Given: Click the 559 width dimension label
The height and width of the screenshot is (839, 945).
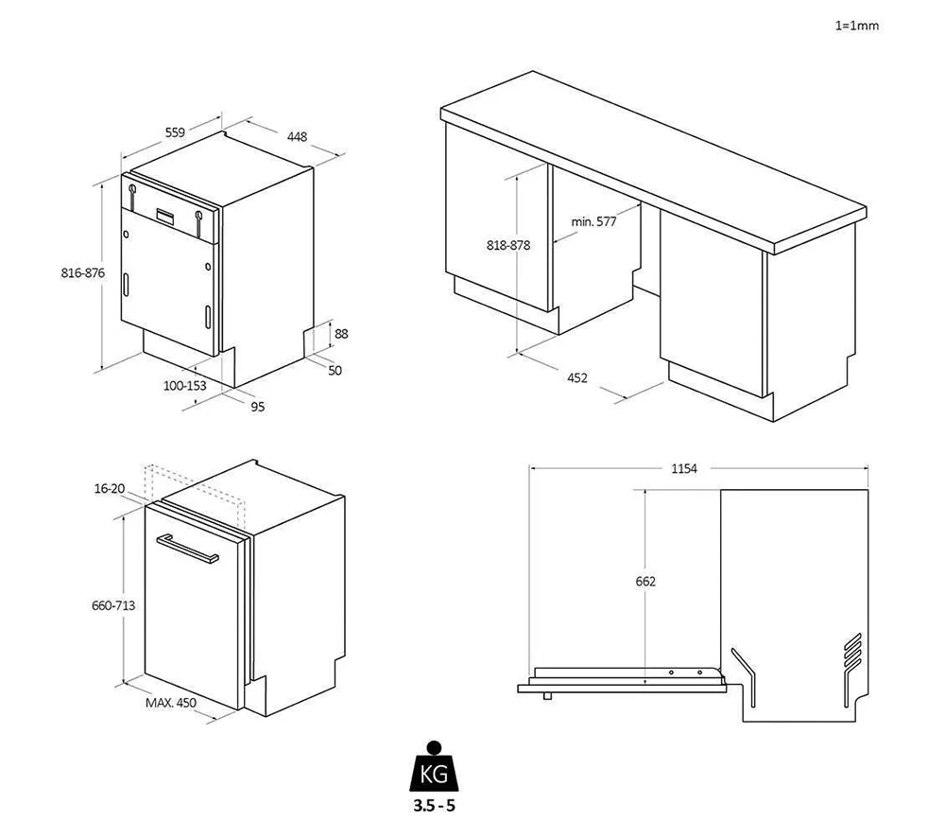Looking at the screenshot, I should click(x=175, y=132).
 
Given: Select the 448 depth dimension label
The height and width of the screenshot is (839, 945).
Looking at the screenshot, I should click(x=298, y=137).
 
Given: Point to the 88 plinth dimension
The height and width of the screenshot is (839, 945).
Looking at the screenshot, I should click(x=341, y=333).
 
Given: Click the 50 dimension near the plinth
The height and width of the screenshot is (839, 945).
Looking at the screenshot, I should click(x=335, y=370).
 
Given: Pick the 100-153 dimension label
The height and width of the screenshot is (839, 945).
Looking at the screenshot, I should click(x=184, y=385).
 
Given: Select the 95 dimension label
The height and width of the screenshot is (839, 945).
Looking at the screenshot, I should click(x=257, y=407).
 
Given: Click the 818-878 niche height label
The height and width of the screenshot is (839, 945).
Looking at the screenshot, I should click(x=508, y=244).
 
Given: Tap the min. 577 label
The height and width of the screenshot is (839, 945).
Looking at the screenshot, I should click(x=593, y=221).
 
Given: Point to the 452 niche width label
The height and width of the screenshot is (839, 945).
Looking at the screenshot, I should click(x=577, y=377).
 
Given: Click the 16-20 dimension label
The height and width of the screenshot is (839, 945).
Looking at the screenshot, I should click(x=110, y=488).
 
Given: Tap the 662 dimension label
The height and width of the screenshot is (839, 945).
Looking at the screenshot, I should click(x=645, y=581).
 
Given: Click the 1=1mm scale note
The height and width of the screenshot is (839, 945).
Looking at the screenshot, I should click(x=856, y=26).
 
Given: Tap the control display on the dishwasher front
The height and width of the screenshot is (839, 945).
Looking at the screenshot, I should click(x=164, y=215).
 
